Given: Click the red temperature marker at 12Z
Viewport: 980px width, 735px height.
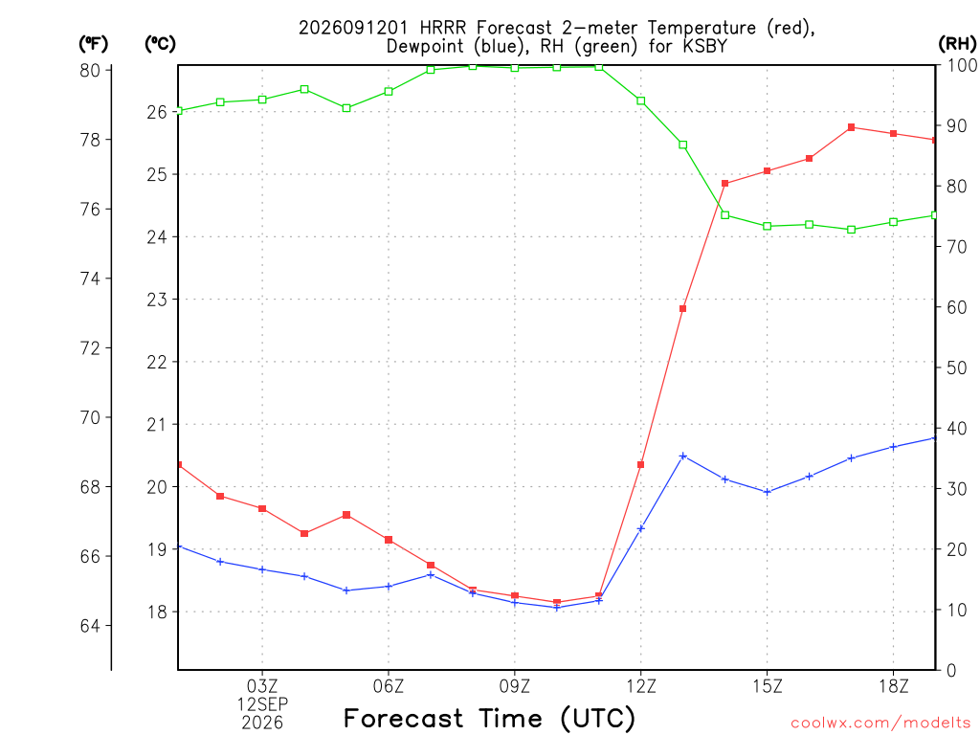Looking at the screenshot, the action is (640, 464).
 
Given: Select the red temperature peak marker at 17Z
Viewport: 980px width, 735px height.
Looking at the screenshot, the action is (851, 127).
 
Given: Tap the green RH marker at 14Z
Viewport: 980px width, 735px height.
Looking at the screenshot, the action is (725, 215).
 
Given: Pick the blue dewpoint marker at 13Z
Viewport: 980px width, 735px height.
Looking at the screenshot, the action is (683, 457).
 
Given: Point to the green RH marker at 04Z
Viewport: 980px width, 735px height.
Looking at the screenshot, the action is (304, 89).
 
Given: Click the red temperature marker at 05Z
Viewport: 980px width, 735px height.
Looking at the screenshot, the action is (346, 515).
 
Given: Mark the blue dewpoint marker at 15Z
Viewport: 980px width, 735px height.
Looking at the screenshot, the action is (768, 492).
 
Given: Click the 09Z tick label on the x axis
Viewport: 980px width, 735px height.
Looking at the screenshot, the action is (514, 687).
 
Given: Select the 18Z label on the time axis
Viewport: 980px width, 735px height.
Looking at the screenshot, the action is (893, 687).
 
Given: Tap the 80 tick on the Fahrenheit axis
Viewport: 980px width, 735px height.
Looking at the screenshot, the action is (90, 71).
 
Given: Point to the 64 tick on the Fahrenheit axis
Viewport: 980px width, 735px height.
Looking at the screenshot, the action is (90, 626).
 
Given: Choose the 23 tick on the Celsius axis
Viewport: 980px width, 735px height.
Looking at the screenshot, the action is (157, 300).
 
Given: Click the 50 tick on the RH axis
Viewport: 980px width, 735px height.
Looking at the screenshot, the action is (956, 367).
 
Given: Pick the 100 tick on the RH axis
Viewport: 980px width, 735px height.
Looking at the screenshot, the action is (962, 65).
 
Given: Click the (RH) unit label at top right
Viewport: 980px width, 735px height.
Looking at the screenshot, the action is (957, 43).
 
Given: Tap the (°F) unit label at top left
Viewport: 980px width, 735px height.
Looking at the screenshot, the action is (93, 44).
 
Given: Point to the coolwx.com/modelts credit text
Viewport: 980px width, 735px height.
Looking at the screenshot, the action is (880, 723).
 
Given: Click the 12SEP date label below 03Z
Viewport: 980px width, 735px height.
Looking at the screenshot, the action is (262, 704).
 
